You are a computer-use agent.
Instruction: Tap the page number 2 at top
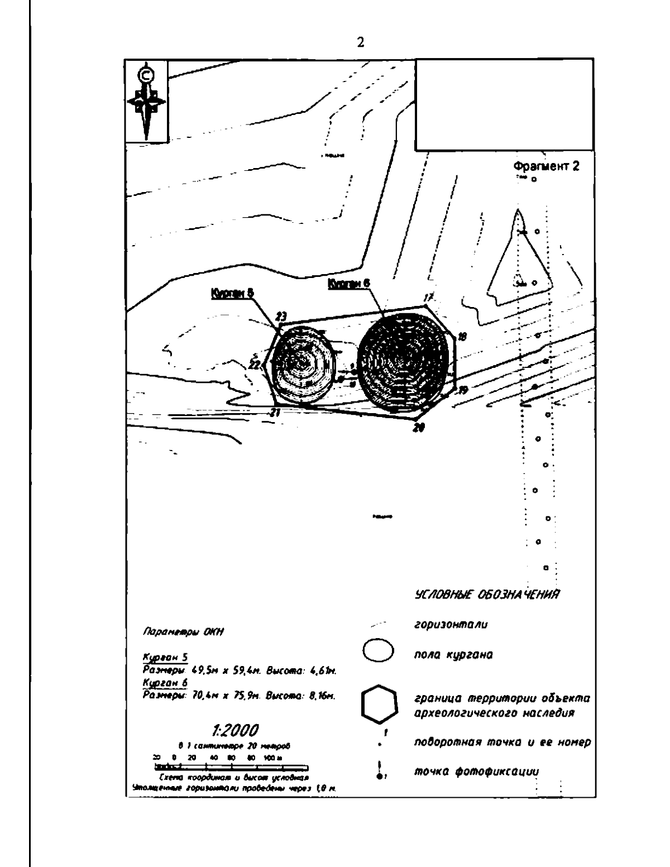[x=361, y=44]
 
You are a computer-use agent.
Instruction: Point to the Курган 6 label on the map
[x=348, y=284]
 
